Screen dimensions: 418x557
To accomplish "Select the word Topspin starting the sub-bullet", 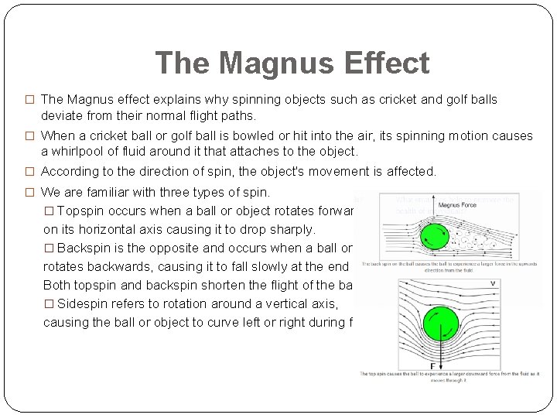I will [83, 211].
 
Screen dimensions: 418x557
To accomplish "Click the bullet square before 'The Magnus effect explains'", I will [31, 100].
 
